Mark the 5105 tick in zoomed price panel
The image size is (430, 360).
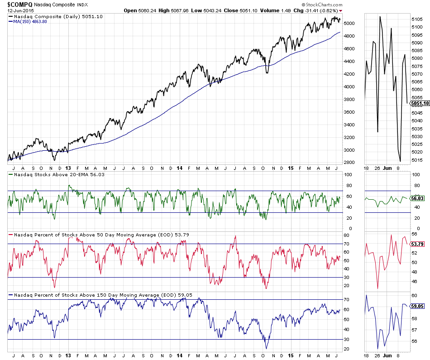pyautogui.click(x=417, y=19)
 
